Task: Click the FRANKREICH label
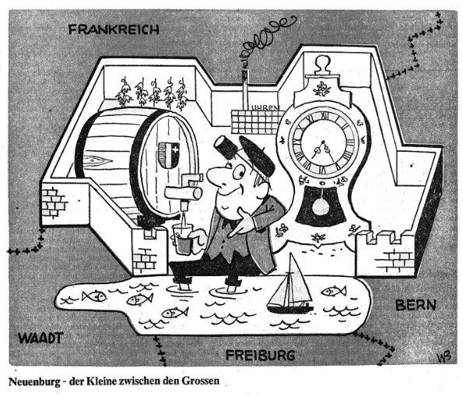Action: click(x=114, y=30)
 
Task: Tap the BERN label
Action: click(x=416, y=305)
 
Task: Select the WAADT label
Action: click(x=40, y=338)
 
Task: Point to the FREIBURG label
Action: click(x=261, y=355)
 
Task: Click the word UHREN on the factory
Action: click(x=265, y=107)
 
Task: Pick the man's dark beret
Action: click(x=257, y=156)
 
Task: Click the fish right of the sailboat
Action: click(x=334, y=291)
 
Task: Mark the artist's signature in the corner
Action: click(x=444, y=358)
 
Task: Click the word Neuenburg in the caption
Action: click(x=33, y=381)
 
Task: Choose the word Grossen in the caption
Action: click(x=201, y=381)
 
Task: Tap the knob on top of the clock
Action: click(x=322, y=64)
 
